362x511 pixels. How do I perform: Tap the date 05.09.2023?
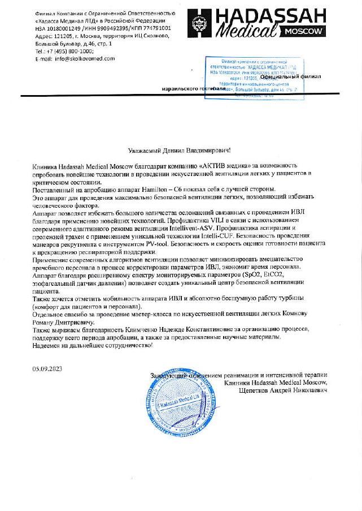pos(47,368)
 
